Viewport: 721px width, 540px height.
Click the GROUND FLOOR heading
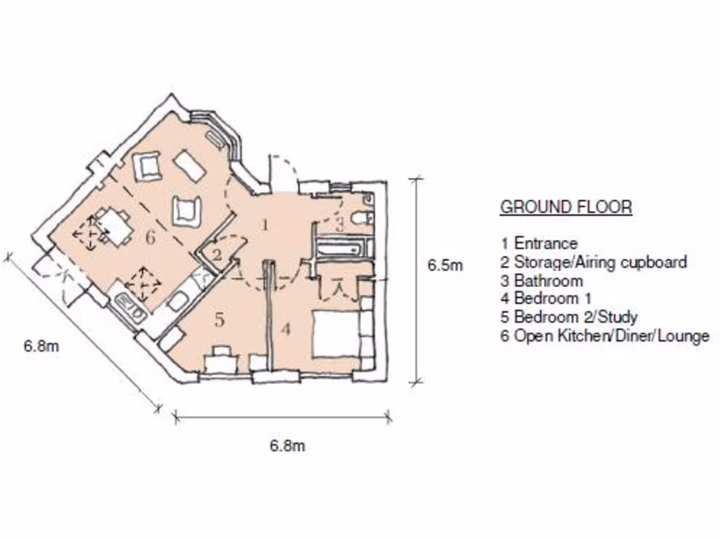(x=565, y=207)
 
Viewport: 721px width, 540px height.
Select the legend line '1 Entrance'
(x=539, y=243)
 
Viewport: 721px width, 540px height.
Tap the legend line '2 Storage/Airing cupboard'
(x=593, y=262)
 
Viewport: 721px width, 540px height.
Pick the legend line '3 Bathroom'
(x=541, y=281)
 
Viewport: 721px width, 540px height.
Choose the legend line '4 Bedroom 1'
(x=546, y=299)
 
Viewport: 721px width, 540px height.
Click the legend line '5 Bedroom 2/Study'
(x=568, y=317)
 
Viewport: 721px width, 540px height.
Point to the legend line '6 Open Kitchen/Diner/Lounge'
(x=604, y=335)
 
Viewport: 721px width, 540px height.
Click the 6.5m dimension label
(x=445, y=266)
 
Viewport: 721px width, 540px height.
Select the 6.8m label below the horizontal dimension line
(x=287, y=446)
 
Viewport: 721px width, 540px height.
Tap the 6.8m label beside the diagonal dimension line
(x=41, y=346)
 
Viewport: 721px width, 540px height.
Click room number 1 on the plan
(x=265, y=225)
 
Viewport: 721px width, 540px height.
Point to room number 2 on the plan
(x=217, y=255)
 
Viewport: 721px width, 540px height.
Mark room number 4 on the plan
(x=285, y=329)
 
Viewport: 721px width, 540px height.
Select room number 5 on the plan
(x=219, y=321)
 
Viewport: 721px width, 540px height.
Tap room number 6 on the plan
(x=149, y=238)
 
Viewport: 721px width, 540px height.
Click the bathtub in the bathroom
(x=340, y=248)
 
